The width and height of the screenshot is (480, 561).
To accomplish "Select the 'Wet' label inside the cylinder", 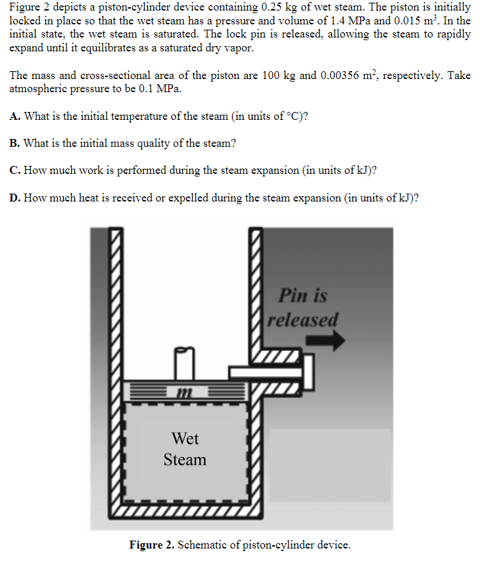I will click(185, 438).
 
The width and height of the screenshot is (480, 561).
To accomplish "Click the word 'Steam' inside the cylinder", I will click(185, 460).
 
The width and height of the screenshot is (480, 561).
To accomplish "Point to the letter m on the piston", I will click(184, 392).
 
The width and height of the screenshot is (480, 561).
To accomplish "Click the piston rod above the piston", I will click(185, 361).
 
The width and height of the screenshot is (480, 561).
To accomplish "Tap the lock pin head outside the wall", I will click(307, 373).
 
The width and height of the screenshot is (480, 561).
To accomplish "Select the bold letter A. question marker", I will click(15, 117).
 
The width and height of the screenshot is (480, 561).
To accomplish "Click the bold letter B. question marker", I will click(15, 143).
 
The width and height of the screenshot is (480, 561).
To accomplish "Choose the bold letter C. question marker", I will click(15, 170).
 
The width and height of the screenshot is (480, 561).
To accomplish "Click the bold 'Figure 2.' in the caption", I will click(152, 545).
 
